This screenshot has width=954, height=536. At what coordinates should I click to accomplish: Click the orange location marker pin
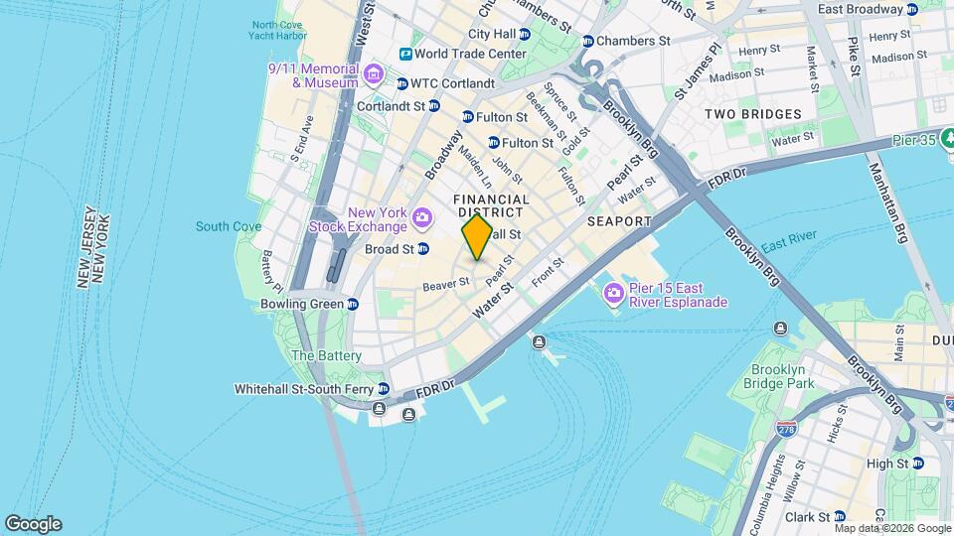point(477,237)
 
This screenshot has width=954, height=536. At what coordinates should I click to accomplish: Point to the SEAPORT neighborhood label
point(618,220)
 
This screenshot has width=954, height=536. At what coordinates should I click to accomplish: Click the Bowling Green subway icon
point(353,304)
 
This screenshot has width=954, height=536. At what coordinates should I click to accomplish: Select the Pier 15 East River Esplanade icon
point(613,291)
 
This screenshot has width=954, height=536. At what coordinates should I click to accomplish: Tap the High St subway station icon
point(917,464)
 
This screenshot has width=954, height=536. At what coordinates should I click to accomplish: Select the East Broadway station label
point(860,9)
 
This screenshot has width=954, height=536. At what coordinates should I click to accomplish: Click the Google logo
point(33,524)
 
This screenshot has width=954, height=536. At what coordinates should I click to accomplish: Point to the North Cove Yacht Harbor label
point(278,31)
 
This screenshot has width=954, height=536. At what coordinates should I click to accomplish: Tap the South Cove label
point(229,226)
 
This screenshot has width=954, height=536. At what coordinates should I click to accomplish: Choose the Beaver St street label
point(445,285)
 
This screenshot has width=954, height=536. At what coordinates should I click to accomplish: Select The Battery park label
point(326,355)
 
